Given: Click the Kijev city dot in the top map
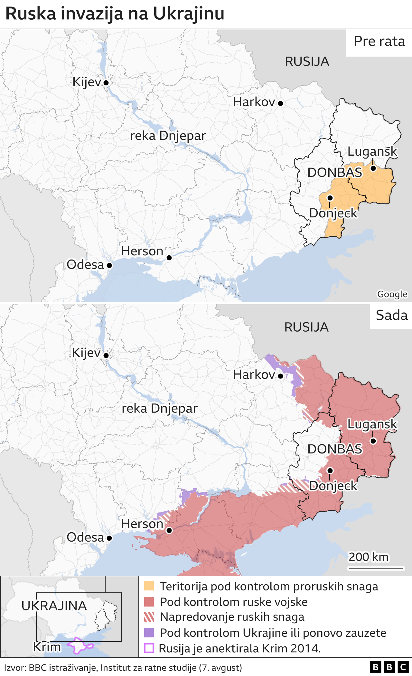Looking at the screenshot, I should click(106, 83).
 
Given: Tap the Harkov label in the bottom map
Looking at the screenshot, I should click(254, 375).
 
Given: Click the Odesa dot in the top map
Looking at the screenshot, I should click(109, 265).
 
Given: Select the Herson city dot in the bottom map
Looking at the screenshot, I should click(169, 530).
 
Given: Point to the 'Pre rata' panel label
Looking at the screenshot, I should click(379, 41).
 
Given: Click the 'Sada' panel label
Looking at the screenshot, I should click(391, 315).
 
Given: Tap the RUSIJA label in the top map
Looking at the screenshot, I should click(307, 62).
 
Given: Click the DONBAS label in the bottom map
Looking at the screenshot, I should click(334, 449).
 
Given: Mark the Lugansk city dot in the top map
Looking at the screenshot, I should click(373, 168).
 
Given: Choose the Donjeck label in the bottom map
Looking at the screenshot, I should click(333, 486).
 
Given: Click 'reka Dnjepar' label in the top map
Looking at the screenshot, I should click(168, 136).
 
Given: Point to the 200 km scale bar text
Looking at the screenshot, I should click(369, 557).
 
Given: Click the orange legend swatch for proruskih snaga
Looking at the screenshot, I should click(149, 586).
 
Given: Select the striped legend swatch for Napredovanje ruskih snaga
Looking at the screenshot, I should click(149, 617).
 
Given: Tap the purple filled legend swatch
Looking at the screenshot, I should click(149, 633).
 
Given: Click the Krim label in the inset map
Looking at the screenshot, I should click(47, 647).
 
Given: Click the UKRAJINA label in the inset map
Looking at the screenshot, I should click(54, 606).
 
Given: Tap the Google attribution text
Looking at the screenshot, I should click(392, 294).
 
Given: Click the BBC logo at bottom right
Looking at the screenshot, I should click(389, 667).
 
